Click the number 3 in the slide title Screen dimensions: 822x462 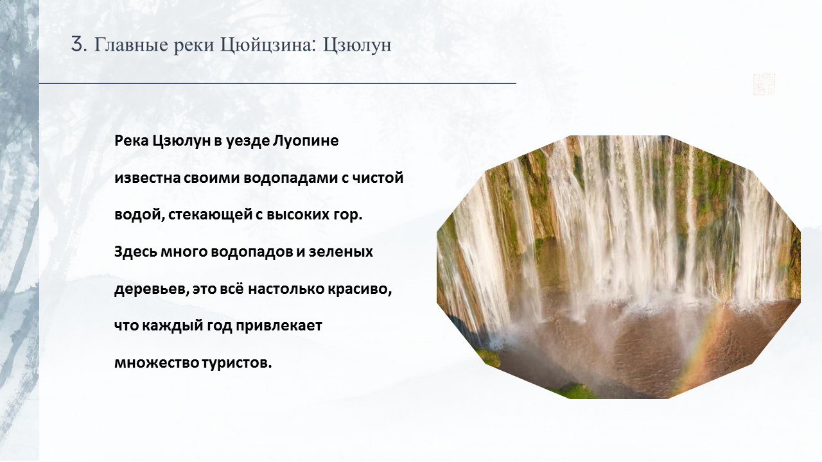tap(78, 45)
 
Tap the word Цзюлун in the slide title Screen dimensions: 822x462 tap(357, 46)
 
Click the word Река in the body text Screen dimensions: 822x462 tap(131, 141)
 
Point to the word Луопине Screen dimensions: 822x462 tap(305, 141)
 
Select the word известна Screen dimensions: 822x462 tap(148, 178)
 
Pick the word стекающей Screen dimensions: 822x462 tap(210, 215)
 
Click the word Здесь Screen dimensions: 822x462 tap(136, 252)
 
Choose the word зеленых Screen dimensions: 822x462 tap(340, 252)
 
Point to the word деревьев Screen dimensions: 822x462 tap(151, 289)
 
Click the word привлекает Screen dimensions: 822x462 tap(279, 326)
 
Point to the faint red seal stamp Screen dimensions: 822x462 tap(764, 84)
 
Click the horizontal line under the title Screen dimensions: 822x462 tap(277, 83)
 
